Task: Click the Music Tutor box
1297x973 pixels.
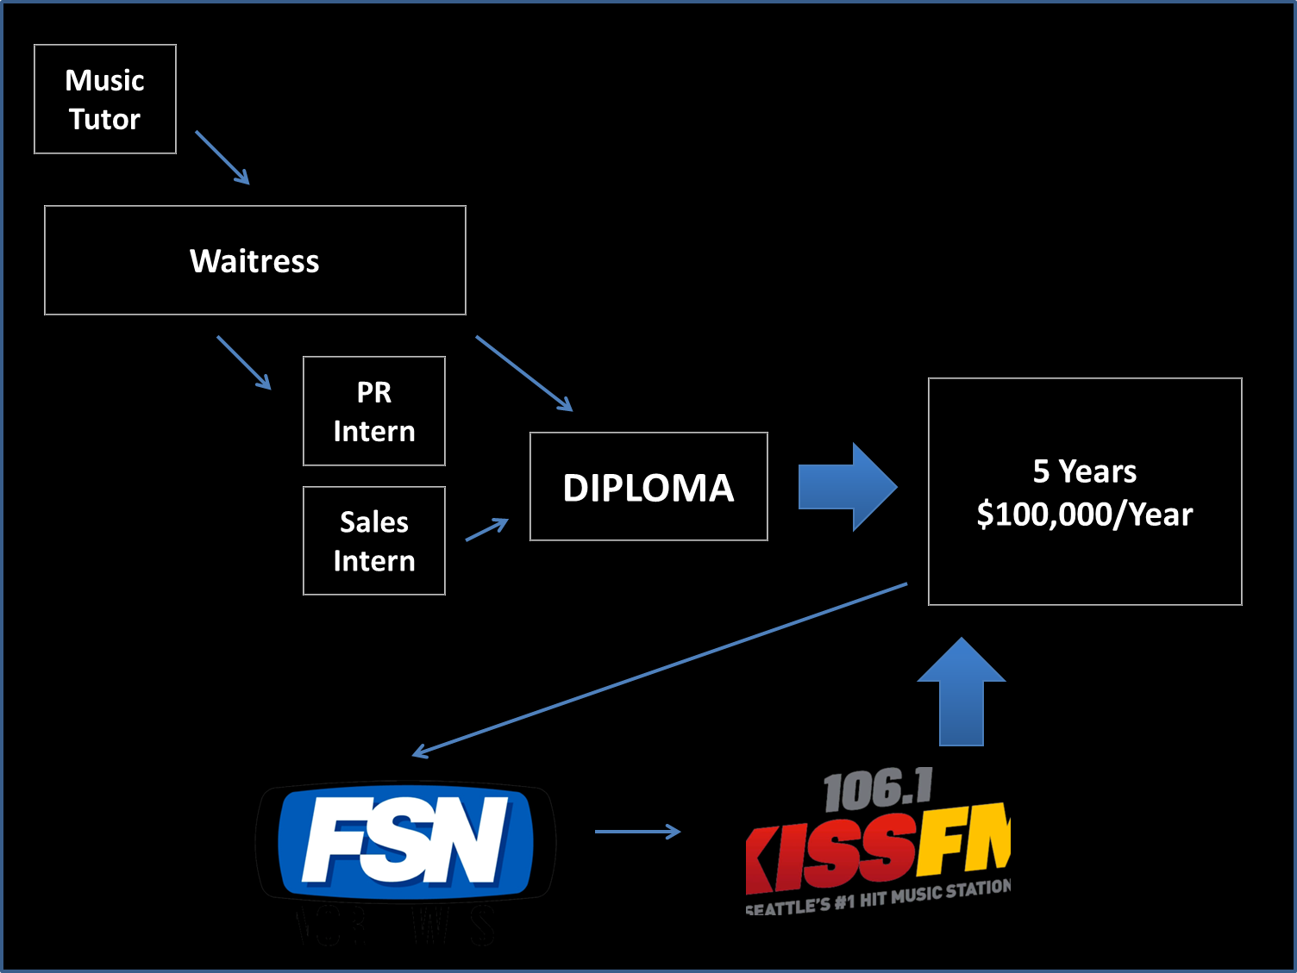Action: (x=105, y=99)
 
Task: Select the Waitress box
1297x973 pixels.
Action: (x=255, y=260)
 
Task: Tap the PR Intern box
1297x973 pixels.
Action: (x=374, y=411)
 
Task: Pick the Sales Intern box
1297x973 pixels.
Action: (x=374, y=541)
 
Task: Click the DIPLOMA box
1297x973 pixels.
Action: (x=648, y=487)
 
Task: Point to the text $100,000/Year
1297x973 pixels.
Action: (x=1084, y=515)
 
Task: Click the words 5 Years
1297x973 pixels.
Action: (x=1084, y=471)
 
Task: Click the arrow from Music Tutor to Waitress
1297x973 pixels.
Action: (x=222, y=157)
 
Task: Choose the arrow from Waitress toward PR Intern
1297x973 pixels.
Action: (x=244, y=362)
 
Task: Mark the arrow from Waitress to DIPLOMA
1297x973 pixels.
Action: (x=523, y=373)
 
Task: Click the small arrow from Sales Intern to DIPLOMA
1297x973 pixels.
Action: (x=487, y=529)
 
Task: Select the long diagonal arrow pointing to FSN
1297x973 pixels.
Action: (x=660, y=669)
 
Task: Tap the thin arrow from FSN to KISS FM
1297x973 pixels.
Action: (x=637, y=832)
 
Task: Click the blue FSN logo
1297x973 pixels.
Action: (x=405, y=840)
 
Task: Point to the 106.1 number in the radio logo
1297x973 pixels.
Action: (x=878, y=790)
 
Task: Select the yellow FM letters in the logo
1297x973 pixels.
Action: (x=964, y=840)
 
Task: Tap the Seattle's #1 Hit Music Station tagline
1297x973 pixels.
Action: (x=878, y=898)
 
